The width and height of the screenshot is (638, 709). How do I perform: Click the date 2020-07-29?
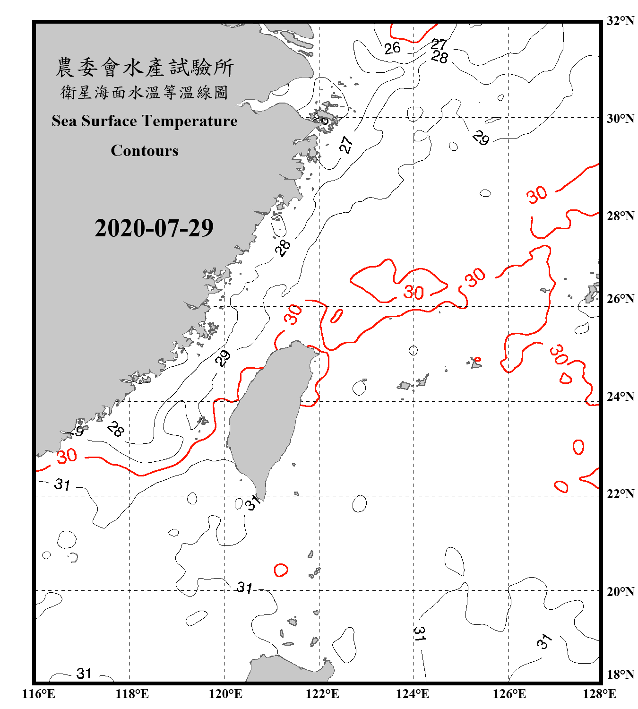(x=154, y=228)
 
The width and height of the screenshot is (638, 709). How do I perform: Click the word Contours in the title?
(x=145, y=150)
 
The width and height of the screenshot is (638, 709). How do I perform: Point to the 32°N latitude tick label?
(x=621, y=20)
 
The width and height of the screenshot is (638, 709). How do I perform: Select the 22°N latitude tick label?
(x=621, y=494)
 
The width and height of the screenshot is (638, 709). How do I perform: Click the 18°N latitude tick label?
(x=621, y=674)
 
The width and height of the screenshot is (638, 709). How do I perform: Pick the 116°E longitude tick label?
(x=38, y=694)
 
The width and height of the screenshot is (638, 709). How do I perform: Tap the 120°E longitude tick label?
(x=225, y=694)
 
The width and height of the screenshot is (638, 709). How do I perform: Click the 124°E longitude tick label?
(x=413, y=694)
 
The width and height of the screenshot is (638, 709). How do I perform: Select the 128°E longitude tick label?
(x=599, y=694)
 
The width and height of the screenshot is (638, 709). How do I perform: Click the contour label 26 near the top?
(x=392, y=48)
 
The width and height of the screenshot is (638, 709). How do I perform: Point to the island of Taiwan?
(x=267, y=411)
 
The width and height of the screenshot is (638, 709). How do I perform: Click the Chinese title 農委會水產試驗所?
(x=145, y=68)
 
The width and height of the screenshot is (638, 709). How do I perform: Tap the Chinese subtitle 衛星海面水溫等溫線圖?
(x=145, y=92)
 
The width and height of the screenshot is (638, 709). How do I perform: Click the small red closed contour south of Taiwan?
(x=281, y=570)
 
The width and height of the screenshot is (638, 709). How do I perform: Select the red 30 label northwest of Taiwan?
(x=293, y=314)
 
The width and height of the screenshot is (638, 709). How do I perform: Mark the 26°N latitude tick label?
(x=621, y=299)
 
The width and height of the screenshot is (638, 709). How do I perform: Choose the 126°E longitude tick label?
(x=509, y=694)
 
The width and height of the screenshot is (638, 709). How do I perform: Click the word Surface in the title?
(x=109, y=121)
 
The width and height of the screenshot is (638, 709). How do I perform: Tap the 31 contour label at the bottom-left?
(x=84, y=673)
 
